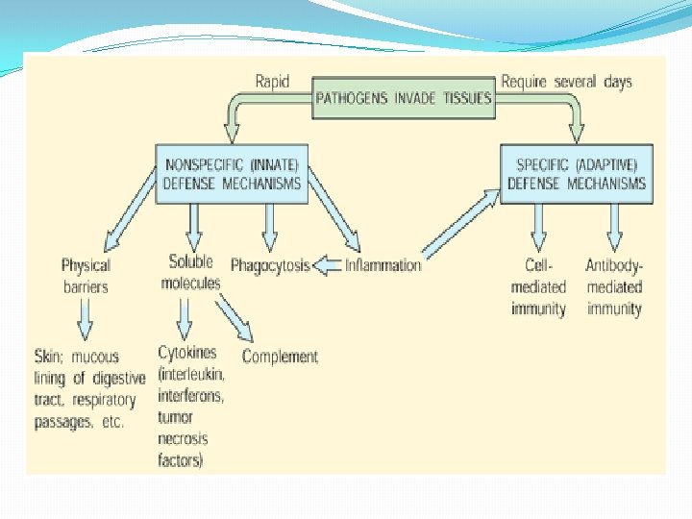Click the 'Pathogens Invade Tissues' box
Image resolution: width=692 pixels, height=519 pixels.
point(405,98)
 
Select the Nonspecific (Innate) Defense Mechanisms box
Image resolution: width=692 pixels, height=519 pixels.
point(232,173)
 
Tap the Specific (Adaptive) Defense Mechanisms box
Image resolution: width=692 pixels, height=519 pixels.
point(577,173)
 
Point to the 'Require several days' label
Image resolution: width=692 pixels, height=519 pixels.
point(567,82)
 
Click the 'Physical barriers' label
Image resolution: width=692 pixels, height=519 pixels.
point(86,275)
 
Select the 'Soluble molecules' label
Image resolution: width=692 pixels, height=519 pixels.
point(190,272)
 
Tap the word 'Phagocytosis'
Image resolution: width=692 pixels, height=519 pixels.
point(270,265)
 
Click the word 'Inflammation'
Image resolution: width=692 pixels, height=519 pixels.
point(383,265)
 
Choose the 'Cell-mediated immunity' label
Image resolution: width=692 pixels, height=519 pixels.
point(538,286)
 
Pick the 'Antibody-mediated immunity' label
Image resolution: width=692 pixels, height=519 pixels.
point(614,286)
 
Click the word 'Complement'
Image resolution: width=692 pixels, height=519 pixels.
point(280,357)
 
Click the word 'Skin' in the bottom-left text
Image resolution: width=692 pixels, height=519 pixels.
point(47,356)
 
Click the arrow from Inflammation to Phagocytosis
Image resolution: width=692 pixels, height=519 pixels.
point(327,265)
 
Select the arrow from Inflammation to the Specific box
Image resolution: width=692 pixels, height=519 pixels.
point(461,223)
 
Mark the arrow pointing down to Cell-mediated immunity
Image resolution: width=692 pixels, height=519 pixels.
point(538,229)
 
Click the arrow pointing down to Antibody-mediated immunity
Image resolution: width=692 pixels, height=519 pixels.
point(614,229)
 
